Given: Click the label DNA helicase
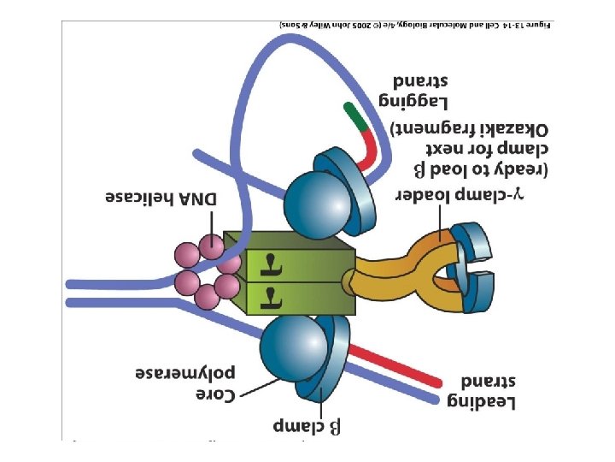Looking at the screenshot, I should (161, 198).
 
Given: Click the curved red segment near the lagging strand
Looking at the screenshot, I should (367, 150).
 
